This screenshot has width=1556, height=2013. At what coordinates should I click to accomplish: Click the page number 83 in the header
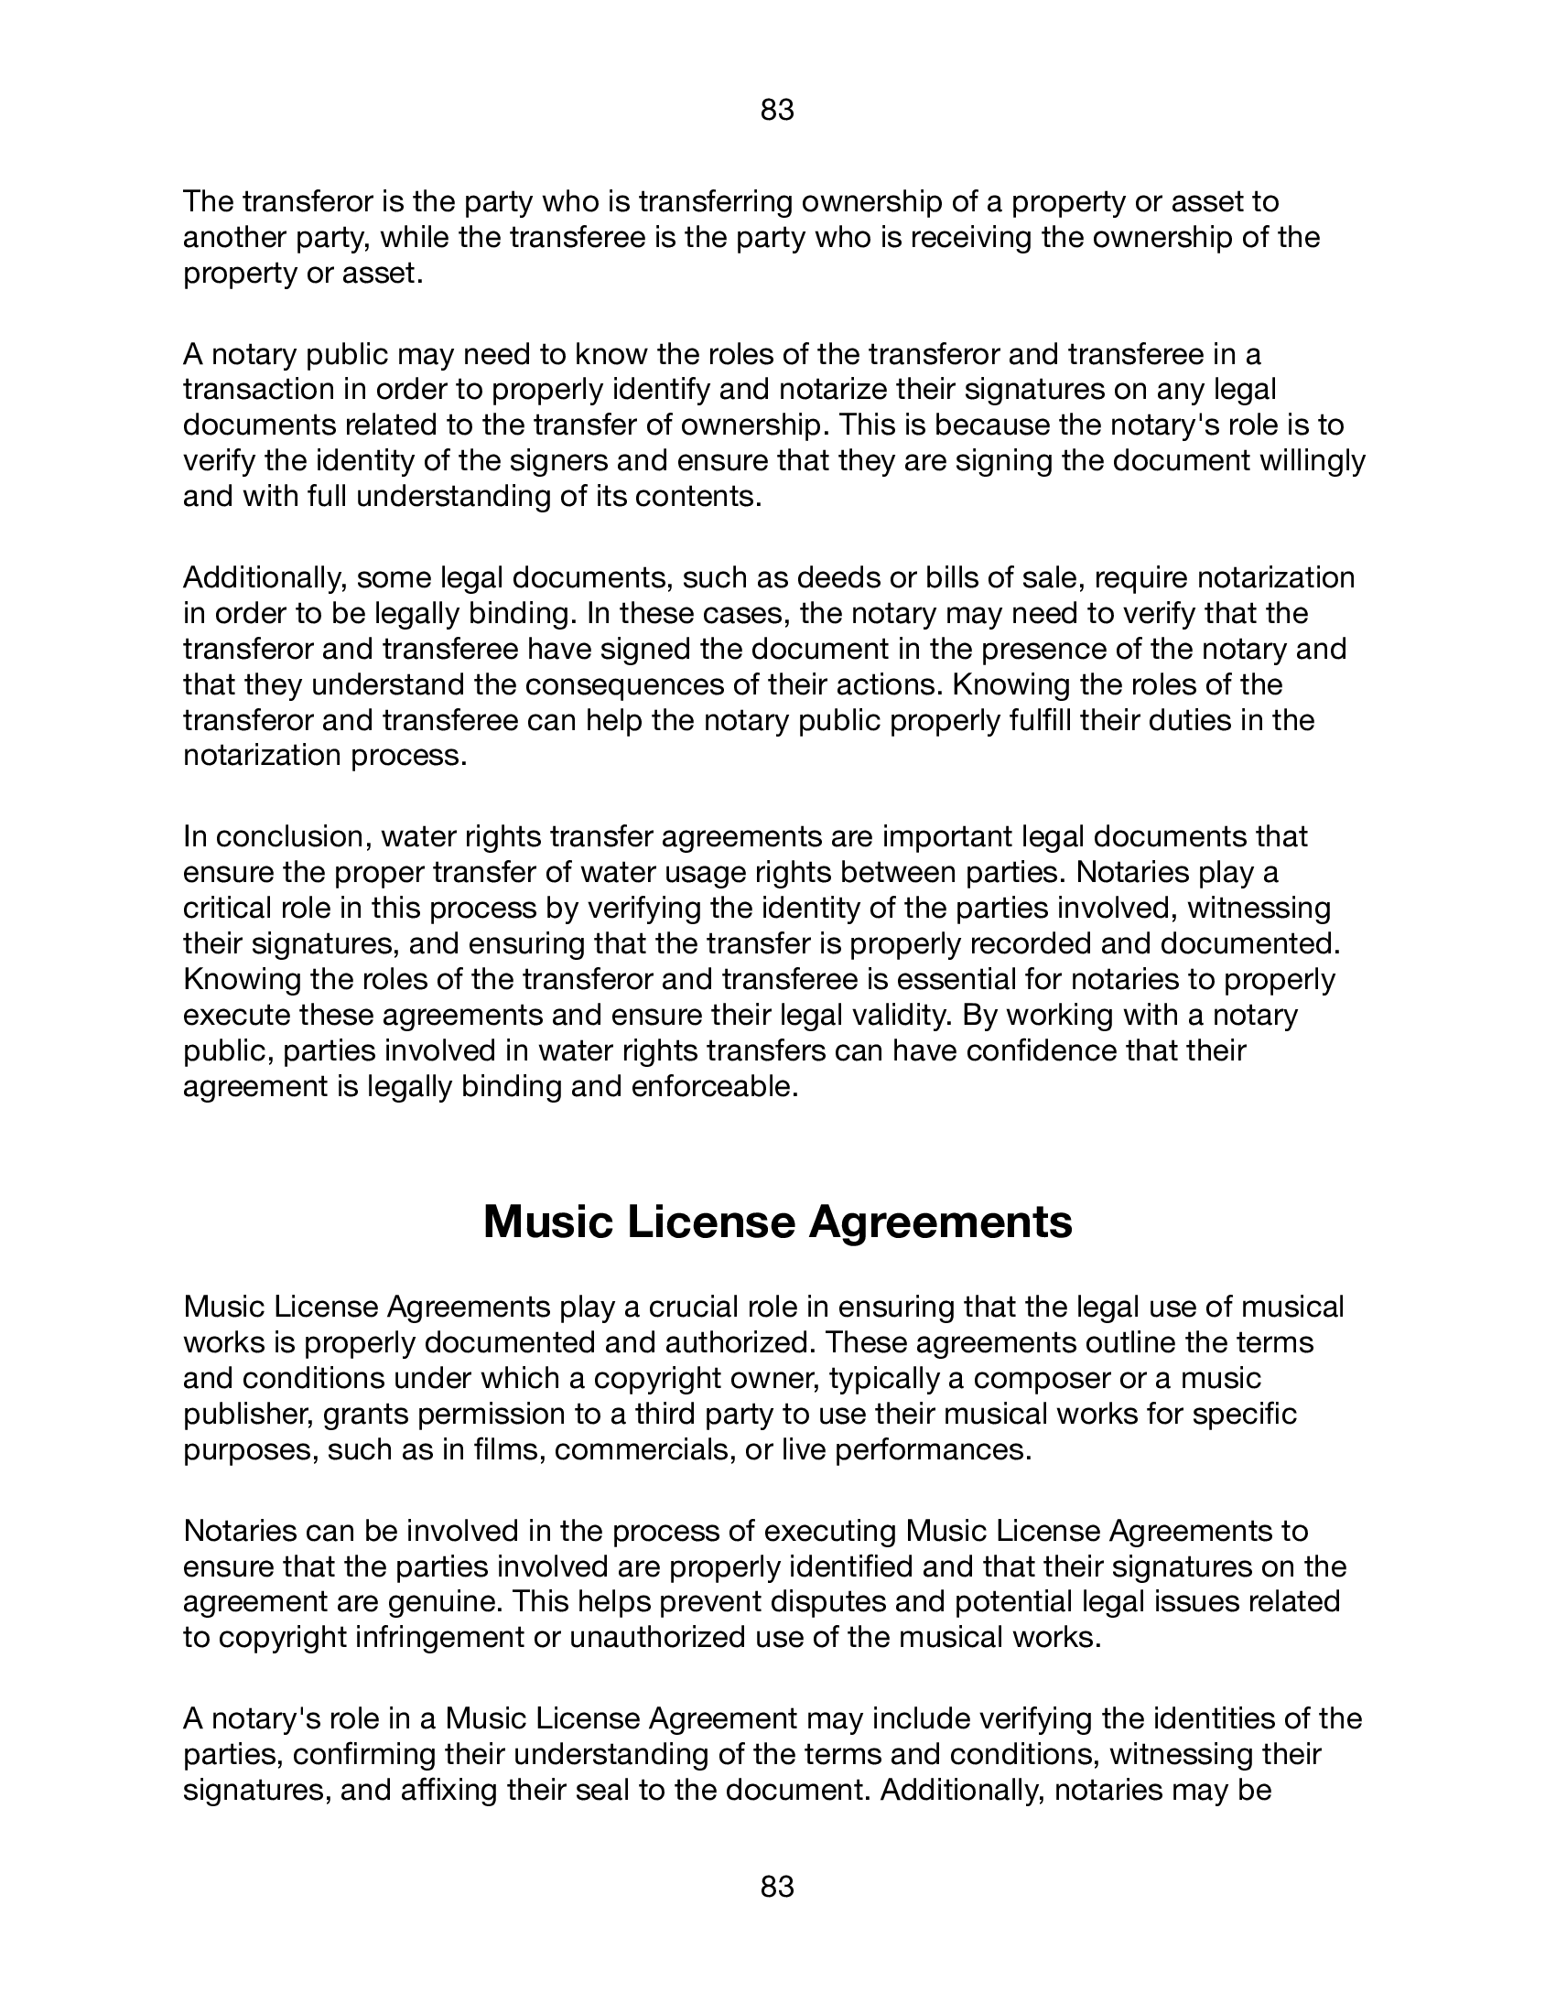pyautogui.click(x=777, y=112)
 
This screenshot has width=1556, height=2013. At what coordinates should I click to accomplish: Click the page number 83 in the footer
pyautogui.click(x=777, y=1887)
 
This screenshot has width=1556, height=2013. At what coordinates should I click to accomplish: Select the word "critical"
pyautogui.click(x=225, y=908)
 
